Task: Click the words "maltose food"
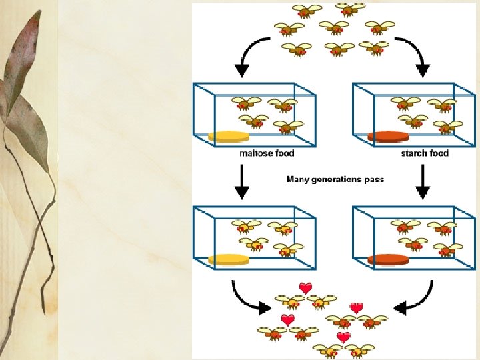tap(267, 153)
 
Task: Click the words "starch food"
tap(425, 153)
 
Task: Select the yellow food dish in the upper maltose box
tap(229, 137)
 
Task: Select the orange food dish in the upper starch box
tap(388, 137)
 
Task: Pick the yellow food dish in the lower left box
tap(229, 259)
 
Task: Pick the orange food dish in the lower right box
tap(388, 259)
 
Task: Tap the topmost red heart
tap(306, 288)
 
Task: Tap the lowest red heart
tap(343, 337)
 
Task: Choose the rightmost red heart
tap(357, 308)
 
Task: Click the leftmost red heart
tap(287, 320)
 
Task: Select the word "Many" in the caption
tap(297, 179)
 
